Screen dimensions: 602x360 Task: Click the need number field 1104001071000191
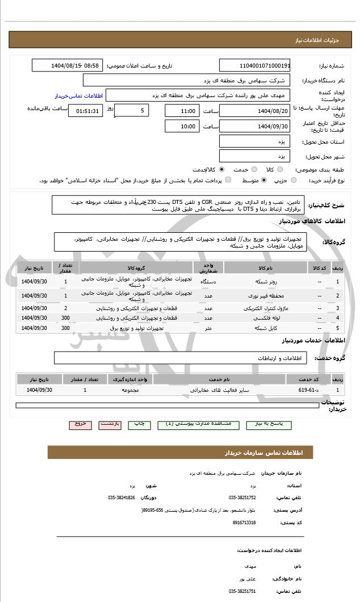pos(254,66)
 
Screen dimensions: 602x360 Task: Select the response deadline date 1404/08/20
pos(254,111)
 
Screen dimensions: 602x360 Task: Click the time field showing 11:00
pos(182,111)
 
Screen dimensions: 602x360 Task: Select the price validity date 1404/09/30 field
pos(254,126)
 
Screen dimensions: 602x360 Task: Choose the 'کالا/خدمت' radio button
pos(221,169)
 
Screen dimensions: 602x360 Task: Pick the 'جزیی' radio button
pos(294,180)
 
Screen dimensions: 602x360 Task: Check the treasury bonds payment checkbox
pos(228,180)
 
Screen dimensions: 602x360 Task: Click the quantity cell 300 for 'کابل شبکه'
pos(66,328)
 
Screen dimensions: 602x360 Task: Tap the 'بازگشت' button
pos(110,424)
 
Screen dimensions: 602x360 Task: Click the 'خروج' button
pos(79,424)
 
